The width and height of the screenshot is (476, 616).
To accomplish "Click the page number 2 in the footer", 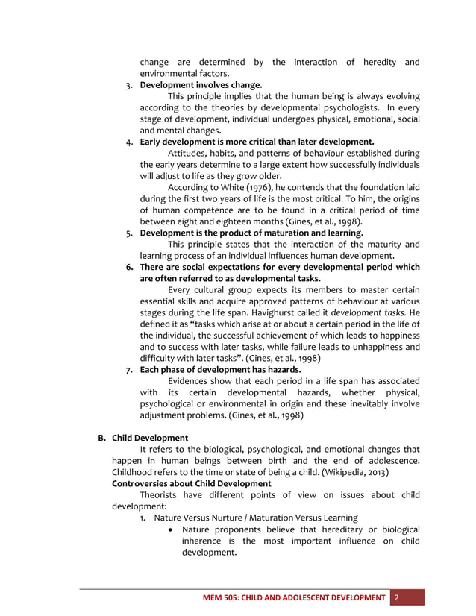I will point(397,597).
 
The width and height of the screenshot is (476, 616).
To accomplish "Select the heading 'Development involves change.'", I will point(201,84).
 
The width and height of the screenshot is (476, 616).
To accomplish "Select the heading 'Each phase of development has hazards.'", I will point(220,369).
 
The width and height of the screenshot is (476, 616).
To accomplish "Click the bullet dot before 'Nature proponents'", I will point(172,530).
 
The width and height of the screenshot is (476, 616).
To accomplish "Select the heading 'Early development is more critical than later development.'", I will point(257,142).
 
